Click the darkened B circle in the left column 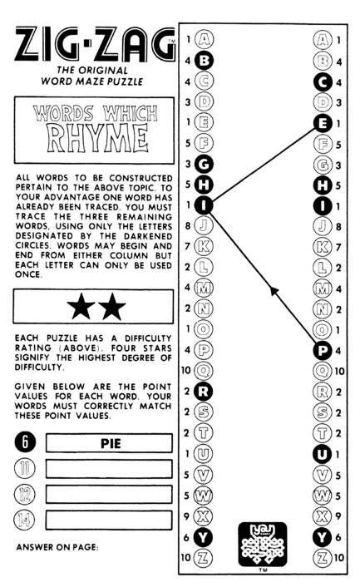(204, 61)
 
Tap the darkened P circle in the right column (322, 350)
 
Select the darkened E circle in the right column (322, 123)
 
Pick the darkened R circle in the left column (204, 392)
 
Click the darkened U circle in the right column (322, 454)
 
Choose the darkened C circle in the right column (322, 82)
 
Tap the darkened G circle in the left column (204, 164)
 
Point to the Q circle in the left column (204, 371)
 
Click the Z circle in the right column (322, 557)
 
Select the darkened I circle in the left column (204, 205)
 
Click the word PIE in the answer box (111, 443)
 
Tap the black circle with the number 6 (25, 442)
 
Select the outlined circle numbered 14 (24, 520)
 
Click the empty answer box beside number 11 (109, 469)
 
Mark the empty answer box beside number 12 (109, 495)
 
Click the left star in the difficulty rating (81, 307)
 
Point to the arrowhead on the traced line (274, 291)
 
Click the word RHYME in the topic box (97, 139)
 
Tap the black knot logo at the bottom (263, 544)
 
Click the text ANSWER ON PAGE (57, 547)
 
